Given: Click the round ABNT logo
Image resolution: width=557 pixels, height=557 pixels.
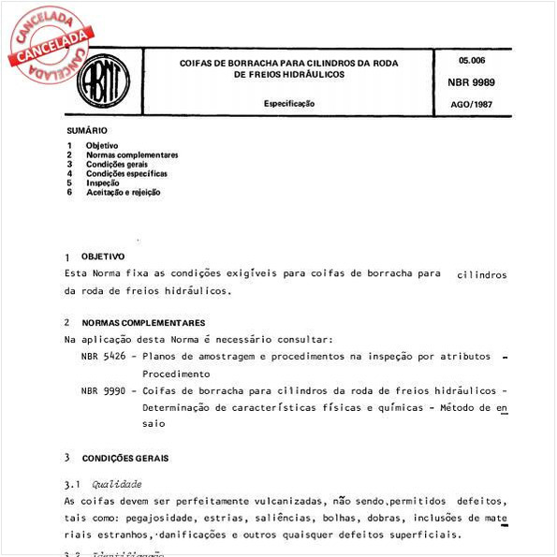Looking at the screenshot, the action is [x=103, y=81].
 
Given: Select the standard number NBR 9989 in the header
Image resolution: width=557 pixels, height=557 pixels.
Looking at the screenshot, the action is [x=471, y=82].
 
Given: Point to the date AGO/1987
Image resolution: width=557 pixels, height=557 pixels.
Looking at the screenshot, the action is [x=471, y=103].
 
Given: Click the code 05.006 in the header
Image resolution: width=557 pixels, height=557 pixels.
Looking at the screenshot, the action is [x=471, y=60].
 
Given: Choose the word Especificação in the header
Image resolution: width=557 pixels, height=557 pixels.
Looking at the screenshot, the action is [x=288, y=103].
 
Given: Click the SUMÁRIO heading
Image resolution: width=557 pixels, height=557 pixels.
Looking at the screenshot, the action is [x=87, y=130].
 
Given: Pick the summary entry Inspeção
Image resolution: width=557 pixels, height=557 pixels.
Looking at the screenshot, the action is [x=103, y=183].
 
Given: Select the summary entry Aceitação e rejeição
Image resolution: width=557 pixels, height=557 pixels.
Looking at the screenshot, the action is [x=124, y=192].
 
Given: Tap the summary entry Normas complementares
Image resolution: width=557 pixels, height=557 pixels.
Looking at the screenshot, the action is [x=132, y=154].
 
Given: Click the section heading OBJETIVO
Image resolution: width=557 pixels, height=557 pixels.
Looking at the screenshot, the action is [x=103, y=256].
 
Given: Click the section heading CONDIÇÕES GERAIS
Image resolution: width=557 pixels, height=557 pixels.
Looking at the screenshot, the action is [x=125, y=459].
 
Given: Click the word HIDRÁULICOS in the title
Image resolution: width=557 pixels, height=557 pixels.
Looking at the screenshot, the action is [x=315, y=73].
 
